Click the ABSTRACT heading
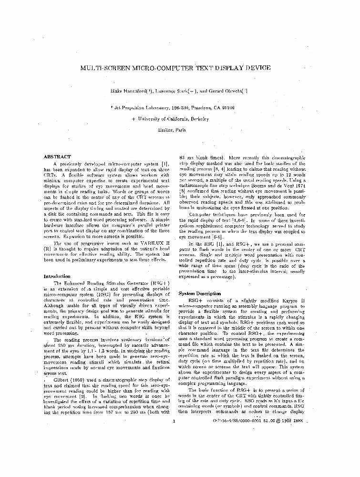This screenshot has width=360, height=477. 57,157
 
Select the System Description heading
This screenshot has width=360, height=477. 199,294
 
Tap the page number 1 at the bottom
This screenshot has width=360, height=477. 175,420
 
